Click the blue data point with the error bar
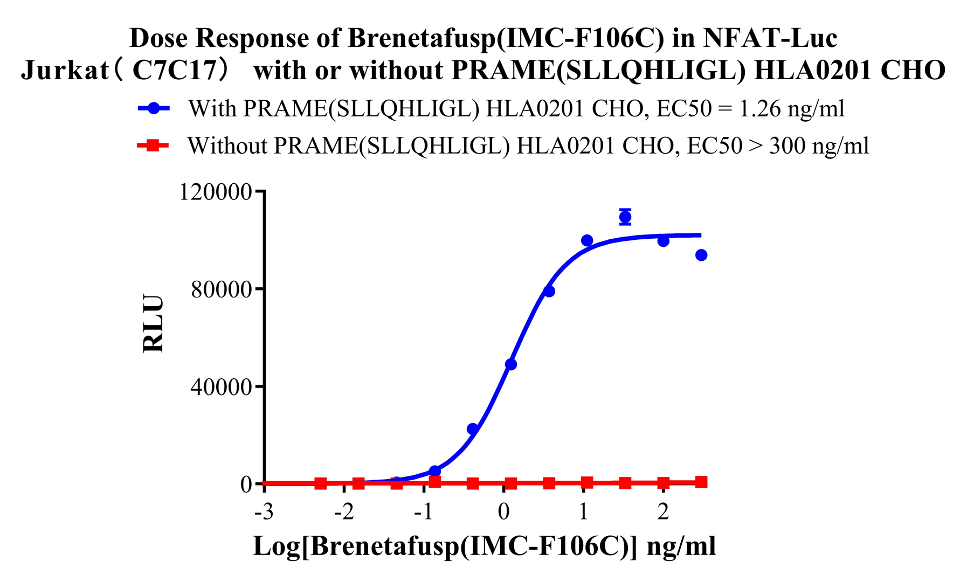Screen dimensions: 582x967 [x=625, y=217]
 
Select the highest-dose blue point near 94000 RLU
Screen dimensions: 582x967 [x=701, y=255]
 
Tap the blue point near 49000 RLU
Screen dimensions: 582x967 [x=510, y=364]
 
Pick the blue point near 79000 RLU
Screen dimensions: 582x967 [x=549, y=291]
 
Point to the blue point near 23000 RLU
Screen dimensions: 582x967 [x=473, y=429]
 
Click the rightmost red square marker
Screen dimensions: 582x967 [x=701, y=482]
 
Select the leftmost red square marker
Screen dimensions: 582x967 [x=320, y=483]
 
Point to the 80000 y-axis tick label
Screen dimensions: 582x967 [x=222, y=289]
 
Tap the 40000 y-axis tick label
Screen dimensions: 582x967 [x=222, y=386]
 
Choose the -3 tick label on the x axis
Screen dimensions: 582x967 [x=264, y=511]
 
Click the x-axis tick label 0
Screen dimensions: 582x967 [x=503, y=511]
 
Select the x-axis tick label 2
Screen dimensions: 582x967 [x=663, y=511]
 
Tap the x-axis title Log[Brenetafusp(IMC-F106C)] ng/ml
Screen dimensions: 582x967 [x=484, y=546]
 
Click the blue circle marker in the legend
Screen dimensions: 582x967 [x=154, y=108]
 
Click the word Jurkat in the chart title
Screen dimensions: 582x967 [x=65, y=70]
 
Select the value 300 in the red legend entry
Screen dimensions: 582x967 [x=787, y=146]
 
